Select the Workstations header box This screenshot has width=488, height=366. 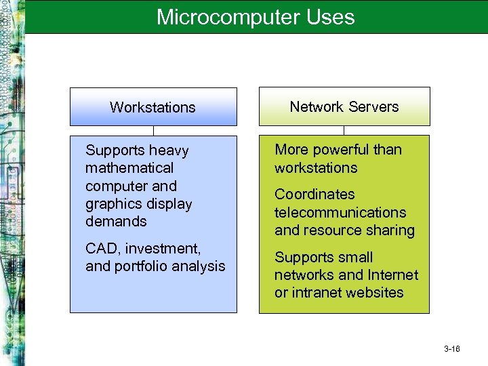(x=153, y=107)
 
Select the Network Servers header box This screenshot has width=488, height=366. (x=344, y=106)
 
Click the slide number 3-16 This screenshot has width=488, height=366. (x=452, y=349)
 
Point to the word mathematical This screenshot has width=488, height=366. (x=129, y=168)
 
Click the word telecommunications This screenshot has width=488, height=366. (x=340, y=212)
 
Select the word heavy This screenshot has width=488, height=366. (x=170, y=150)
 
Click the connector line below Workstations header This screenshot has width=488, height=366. (x=154, y=130)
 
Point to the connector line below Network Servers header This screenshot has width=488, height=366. (x=344, y=130)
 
